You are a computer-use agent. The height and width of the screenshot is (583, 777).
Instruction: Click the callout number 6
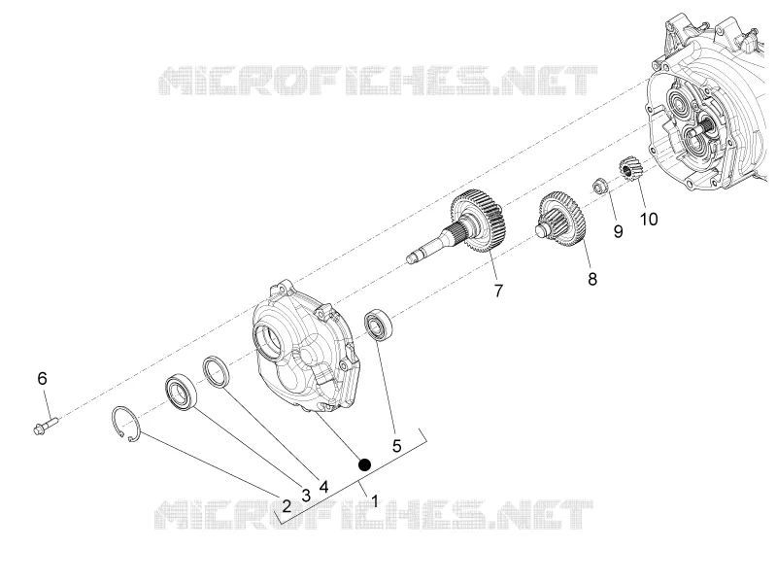tap(42, 379)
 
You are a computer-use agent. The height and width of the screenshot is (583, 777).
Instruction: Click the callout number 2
tap(287, 506)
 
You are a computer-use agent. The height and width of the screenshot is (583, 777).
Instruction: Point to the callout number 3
tap(306, 496)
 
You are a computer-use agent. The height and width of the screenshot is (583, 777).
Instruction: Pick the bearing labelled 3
tap(181, 394)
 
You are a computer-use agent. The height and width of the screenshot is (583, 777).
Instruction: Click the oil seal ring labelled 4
tap(217, 371)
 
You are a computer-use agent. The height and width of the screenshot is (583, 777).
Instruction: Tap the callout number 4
tap(323, 487)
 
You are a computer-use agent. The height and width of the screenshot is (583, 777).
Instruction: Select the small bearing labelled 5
tap(379, 325)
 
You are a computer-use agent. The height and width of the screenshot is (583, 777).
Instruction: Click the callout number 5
tap(396, 446)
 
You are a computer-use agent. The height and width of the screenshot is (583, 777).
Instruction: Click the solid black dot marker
tap(364, 464)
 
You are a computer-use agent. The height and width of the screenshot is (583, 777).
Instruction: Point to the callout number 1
tap(375, 501)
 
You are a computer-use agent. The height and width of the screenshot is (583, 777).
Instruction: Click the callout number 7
tap(498, 291)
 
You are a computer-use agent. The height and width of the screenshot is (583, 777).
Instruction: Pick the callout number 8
tap(592, 279)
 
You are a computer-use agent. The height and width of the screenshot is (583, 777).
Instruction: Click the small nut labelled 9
tap(600, 187)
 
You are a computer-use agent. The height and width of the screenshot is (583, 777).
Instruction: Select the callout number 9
tap(618, 231)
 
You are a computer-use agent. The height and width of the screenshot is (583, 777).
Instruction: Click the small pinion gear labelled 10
tap(630, 168)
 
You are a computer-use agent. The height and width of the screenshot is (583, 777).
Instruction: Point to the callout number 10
tap(649, 220)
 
